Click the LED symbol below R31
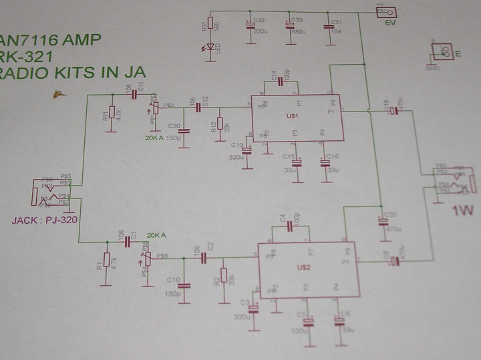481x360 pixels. [x=210, y=48]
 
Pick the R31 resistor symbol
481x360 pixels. [x=210, y=24]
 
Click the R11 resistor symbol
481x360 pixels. [x=111, y=114]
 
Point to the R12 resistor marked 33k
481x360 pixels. [x=220, y=125]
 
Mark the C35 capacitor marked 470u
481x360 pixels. [x=383, y=221]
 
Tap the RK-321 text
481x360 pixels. [x=29, y=55]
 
